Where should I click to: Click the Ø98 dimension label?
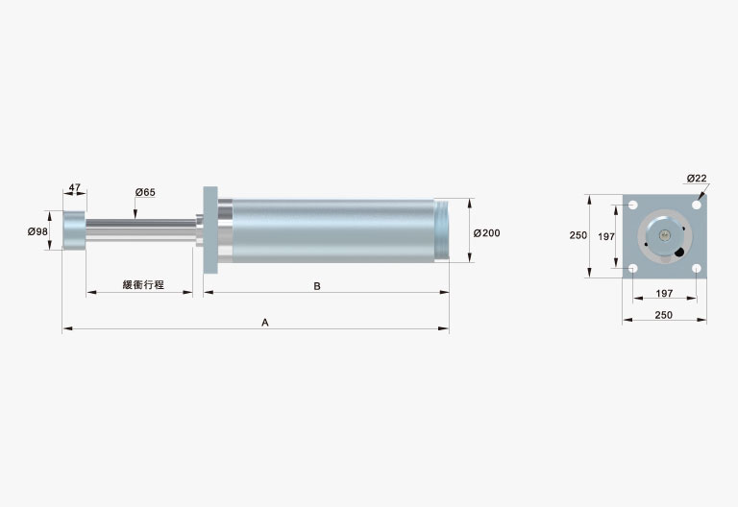coord(37,231)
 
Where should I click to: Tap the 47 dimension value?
coord(74,187)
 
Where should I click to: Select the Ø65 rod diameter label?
coord(145,192)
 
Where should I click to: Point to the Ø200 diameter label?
coord(486,232)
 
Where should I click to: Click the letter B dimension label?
coord(317,286)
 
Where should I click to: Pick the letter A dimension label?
coord(265,323)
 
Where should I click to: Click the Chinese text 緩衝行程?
coord(143,284)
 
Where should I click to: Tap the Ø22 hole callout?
coord(697,179)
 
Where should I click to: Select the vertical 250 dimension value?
coord(578,235)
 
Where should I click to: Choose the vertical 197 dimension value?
coord(606,236)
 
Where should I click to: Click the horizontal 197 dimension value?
coord(664,293)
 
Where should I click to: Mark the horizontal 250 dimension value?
coord(664,315)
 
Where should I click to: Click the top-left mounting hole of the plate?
coord(632,205)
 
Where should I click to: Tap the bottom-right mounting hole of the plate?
coord(697,269)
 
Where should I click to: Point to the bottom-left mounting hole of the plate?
coord(632,269)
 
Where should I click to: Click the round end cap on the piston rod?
coord(74,230)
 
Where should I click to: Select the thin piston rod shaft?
coord(140,230)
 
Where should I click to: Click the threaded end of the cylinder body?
coord(441,230)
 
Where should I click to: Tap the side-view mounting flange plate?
coord(210,230)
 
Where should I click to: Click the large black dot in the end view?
coord(679,253)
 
